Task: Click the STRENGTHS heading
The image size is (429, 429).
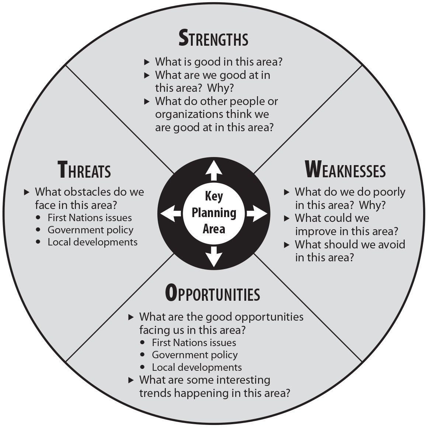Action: [x=213, y=39]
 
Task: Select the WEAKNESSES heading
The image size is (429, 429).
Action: [x=345, y=170]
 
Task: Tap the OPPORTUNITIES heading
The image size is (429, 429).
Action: [x=213, y=294]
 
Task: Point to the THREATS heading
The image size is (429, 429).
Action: [x=84, y=170]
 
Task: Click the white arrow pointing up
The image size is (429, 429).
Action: [x=214, y=171]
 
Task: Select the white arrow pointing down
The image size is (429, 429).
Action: [x=214, y=256]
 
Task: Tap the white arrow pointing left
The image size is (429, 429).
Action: [x=171, y=214]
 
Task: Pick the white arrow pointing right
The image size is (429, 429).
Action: [x=256, y=214]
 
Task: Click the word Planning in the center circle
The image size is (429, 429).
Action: [x=214, y=213]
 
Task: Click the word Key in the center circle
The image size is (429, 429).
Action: [x=214, y=196]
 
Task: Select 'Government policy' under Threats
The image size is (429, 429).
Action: [x=90, y=230]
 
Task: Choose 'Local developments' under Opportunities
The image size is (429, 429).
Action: [x=197, y=367]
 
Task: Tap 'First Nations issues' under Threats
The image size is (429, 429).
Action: [x=90, y=218]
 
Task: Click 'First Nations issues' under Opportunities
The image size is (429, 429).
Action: [x=194, y=343]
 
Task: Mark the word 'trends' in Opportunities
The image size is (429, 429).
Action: [x=155, y=393]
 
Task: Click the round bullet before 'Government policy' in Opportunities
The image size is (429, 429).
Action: [x=143, y=355]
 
